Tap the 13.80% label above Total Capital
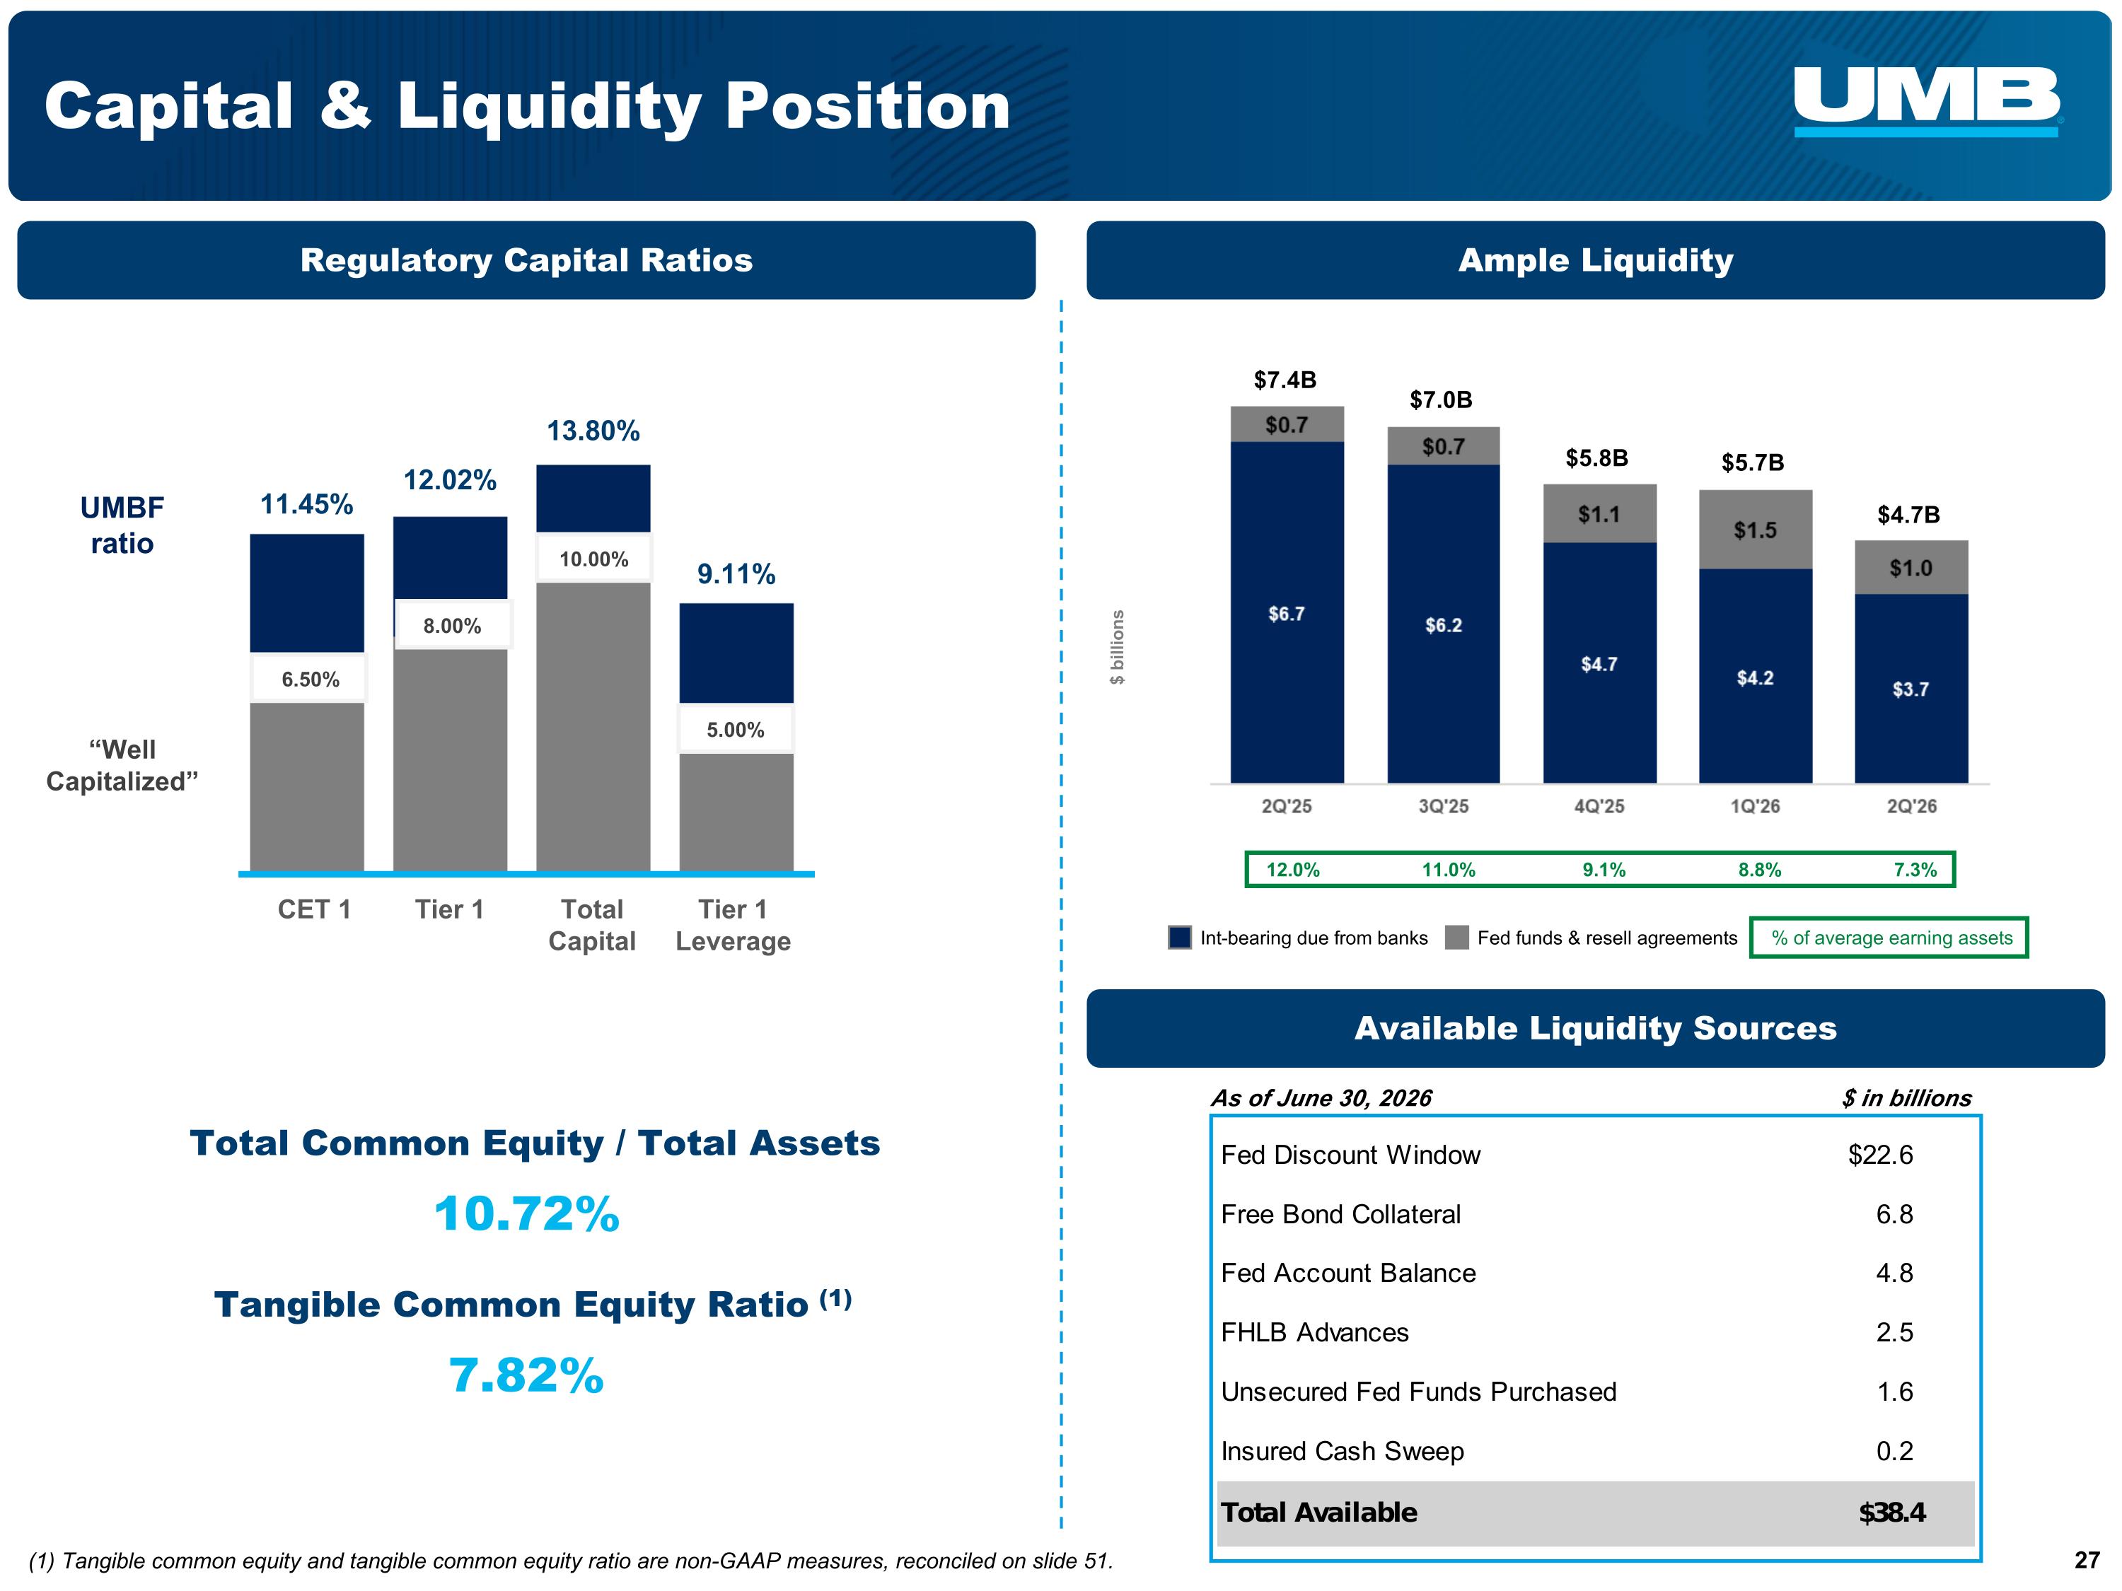pos(593,431)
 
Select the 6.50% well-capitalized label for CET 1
pos(310,679)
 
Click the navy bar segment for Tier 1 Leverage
pos(736,653)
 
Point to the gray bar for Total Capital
pos(593,726)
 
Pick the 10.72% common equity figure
pos(527,1214)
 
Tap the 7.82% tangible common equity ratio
pos(527,1375)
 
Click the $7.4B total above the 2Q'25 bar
pos(1285,380)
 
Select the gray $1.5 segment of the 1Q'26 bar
pos(1756,530)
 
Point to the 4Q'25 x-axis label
pos(1599,807)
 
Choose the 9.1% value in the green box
pos(1604,870)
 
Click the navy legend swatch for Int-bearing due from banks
pos(1180,937)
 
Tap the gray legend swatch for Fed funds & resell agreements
pos(1456,937)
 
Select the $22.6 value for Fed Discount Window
pos(1880,1155)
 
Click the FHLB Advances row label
pos(1314,1332)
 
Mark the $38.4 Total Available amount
pos(1892,1513)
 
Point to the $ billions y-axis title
pos(1118,647)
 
